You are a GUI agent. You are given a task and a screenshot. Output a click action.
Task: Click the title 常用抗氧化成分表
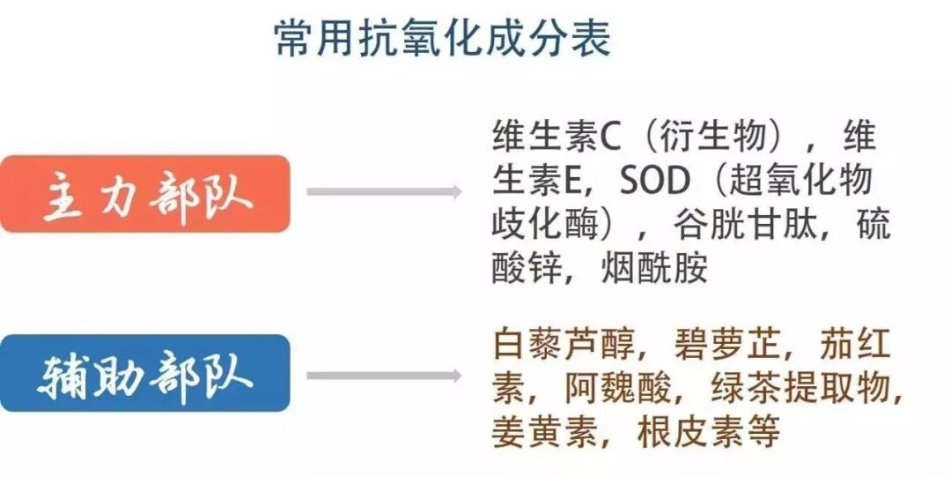[x=442, y=38]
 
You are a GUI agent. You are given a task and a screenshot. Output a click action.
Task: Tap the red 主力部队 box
[x=145, y=193]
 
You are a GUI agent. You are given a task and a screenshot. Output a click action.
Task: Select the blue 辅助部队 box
[x=145, y=373]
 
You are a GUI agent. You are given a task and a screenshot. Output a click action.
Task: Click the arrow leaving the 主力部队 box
[x=384, y=192]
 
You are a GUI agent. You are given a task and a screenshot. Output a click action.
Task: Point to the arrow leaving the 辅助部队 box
[x=384, y=376]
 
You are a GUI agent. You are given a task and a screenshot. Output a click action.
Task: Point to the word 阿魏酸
[x=617, y=388]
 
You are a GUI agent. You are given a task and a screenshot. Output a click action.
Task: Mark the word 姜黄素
[x=545, y=431]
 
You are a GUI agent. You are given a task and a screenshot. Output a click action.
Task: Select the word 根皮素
[x=690, y=431]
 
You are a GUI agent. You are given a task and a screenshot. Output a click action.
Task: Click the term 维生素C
[x=557, y=137]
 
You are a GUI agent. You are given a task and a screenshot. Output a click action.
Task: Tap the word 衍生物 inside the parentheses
[x=713, y=137]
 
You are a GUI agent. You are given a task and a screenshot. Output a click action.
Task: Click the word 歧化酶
[x=545, y=225]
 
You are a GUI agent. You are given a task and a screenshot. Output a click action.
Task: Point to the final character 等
[x=763, y=431]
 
